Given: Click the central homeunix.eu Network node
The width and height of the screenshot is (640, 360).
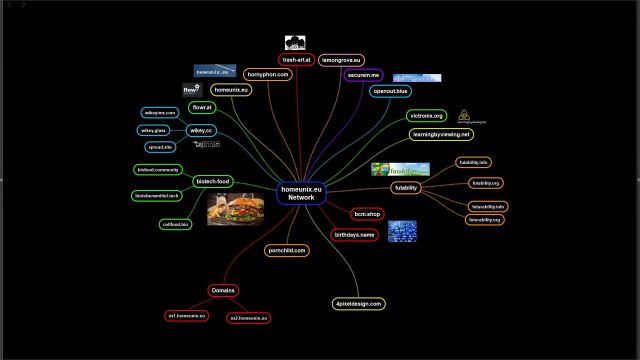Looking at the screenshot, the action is click(x=301, y=193).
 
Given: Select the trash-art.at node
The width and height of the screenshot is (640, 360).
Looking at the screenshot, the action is click(x=297, y=60).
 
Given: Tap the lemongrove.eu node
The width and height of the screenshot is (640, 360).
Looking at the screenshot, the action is click(x=341, y=60).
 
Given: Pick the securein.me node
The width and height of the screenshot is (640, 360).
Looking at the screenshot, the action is click(x=361, y=75).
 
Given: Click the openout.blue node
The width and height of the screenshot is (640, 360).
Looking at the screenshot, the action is click(x=390, y=91).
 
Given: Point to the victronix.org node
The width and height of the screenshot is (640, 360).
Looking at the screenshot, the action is click(x=426, y=116).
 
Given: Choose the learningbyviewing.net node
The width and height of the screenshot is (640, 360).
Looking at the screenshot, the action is click(x=441, y=134).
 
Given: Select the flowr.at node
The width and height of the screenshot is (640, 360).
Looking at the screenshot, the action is click(x=201, y=107).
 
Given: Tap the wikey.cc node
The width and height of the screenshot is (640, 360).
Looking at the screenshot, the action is click(x=201, y=130).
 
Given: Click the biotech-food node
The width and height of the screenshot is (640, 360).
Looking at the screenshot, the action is click(x=212, y=181).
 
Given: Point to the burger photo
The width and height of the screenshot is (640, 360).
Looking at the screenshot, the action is click(x=234, y=210).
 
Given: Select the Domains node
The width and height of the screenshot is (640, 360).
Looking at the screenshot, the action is click(x=224, y=290).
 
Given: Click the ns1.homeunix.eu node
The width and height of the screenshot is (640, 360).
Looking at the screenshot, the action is click(x=187, y=316).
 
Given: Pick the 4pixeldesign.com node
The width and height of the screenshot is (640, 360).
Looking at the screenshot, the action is click(x=358, y=302).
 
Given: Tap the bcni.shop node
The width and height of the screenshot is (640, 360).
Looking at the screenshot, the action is click(x=368, y=214).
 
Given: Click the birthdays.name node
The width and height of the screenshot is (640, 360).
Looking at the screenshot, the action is click(x=354, y=234).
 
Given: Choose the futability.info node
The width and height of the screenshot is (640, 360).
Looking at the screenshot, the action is click(x=472, y=162).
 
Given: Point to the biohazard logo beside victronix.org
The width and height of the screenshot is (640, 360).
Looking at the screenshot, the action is click(x=465, y=117).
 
